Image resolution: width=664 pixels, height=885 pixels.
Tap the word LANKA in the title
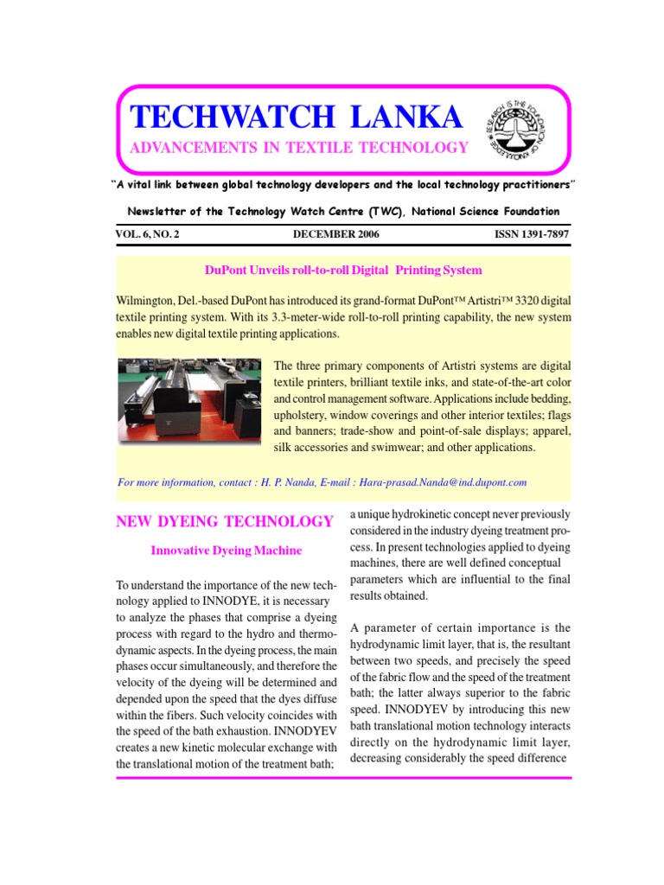tap(403, 118)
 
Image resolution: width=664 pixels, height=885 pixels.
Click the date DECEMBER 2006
tap(335, 234)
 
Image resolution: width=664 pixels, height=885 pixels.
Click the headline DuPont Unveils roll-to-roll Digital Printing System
tap(342, 271)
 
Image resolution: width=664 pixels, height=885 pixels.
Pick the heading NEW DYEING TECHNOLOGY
tap(224, 521)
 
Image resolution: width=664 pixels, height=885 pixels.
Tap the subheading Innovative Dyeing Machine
tap(227, 550)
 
